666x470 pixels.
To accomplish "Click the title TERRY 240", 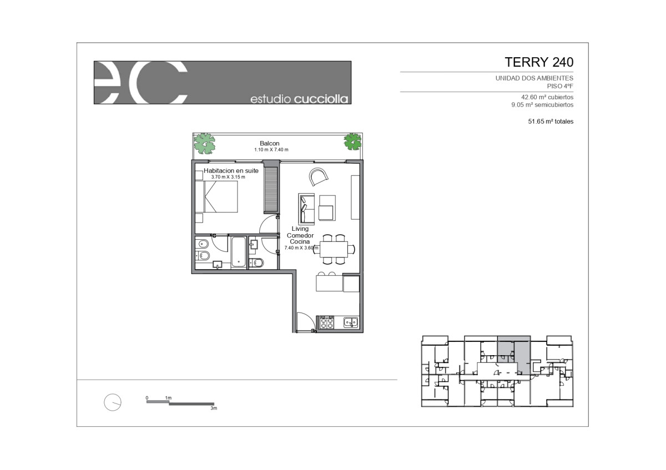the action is tap(539, 62).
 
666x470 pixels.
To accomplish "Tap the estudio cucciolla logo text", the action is tap(299, 99).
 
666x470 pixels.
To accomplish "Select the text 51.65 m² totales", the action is tap(551, 122).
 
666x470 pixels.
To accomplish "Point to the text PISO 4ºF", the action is tap(560, 86).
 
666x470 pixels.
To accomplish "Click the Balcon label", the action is tap(269, 143).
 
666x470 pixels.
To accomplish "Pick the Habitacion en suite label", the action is tap(231, 171).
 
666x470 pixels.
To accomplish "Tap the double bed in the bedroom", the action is tap(216, 197).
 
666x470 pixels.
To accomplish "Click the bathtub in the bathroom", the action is tap(239, 251).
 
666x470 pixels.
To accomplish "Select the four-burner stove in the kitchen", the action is tap(326, 322).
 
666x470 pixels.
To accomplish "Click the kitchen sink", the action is tap(351, 322).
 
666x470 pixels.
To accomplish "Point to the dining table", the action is tap(334, 249).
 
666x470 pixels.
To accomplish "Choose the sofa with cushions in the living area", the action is tap(306, 209).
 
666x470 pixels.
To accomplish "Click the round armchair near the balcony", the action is tap(318, 176).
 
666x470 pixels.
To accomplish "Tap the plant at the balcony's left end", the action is tap(204, 143).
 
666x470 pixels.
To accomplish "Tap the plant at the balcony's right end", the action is tap(352, 142).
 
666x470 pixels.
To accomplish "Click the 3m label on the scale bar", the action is tap(214, 408).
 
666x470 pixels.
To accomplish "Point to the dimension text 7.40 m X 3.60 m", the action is tap(301, 247).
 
